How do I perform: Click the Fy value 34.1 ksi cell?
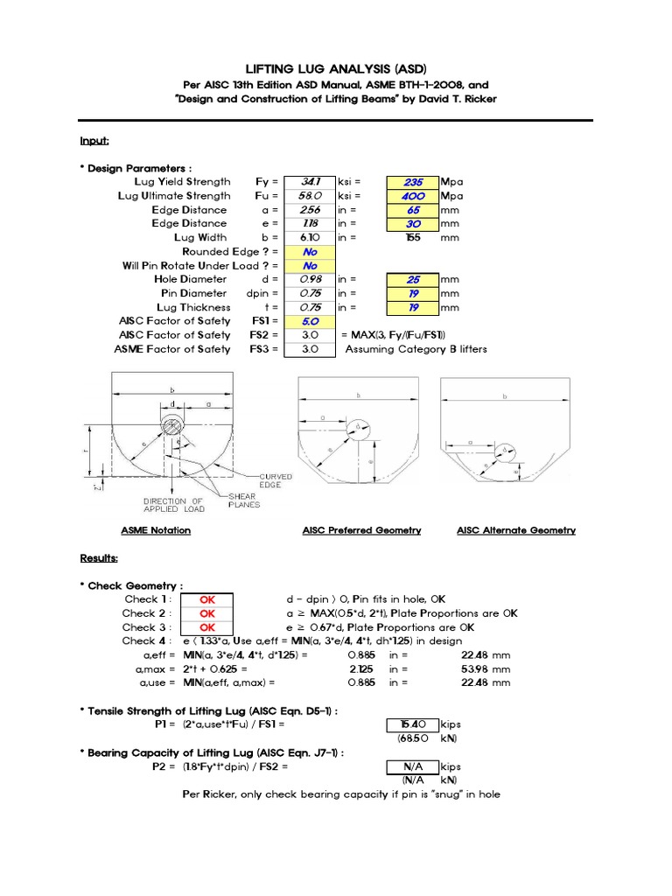[310, 181]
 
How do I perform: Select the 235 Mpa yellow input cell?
[413, 181]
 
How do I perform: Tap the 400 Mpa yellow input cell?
[413, 195]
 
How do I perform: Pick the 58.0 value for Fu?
[310, 195]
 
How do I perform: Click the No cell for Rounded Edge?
[310, 251]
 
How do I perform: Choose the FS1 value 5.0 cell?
[310, 321]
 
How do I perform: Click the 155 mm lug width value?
[413, 237]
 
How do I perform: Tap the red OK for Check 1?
[207, 599]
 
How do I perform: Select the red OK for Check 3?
[207, 627]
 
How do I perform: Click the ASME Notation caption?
[156, 530]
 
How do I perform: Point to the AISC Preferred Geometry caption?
[361, 530]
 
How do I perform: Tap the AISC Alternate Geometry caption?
[516, 530]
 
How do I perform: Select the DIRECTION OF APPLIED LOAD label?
[174, 505]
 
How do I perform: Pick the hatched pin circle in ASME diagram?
[171, 428]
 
